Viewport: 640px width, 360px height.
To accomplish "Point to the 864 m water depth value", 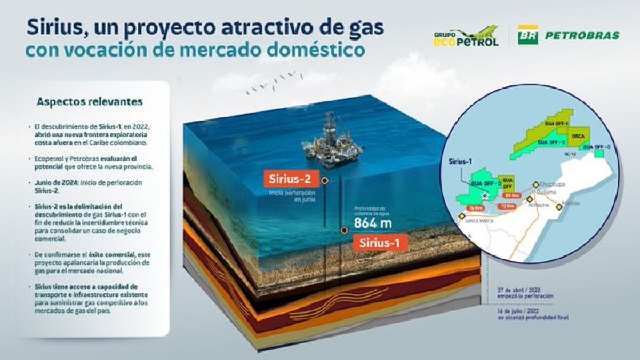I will [373, 223].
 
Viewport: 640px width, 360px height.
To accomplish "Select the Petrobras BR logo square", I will [528, 35].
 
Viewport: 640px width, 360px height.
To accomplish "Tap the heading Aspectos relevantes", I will [90, 101].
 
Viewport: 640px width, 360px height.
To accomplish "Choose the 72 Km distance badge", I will [508, 206].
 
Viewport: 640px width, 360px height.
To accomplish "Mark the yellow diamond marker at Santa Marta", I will [462, 216].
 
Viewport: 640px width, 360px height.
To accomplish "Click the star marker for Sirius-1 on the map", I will [483, 196].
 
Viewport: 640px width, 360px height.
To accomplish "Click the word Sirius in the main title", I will [56, 28].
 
